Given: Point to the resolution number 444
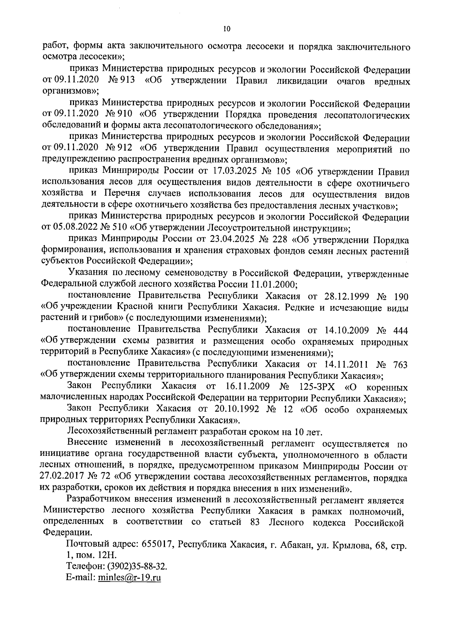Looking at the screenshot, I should click(x=401, y=331).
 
